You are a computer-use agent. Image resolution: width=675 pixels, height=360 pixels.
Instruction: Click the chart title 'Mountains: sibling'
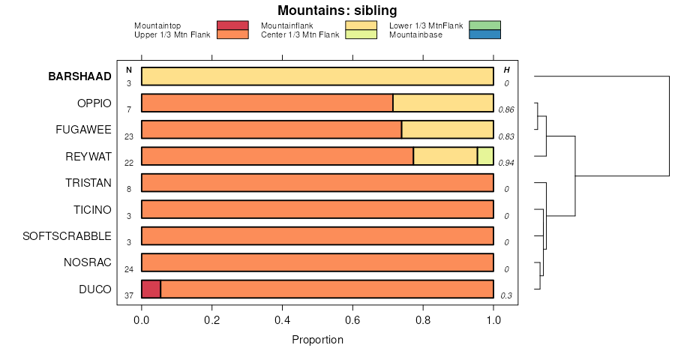337,10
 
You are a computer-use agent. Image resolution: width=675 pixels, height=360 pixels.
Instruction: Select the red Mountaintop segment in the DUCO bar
151,289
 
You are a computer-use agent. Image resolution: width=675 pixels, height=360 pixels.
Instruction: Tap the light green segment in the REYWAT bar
485,156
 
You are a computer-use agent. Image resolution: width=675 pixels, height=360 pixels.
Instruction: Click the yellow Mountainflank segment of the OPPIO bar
443,103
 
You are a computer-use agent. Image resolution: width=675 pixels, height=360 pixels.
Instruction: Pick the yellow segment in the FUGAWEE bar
448,130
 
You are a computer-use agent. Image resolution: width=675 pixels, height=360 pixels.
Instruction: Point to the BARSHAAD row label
79,76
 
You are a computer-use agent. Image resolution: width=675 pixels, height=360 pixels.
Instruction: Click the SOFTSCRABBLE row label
67,236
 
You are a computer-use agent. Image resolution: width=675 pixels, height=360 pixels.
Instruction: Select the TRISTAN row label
88,183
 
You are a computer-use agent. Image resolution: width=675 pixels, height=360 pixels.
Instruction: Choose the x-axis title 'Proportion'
317,340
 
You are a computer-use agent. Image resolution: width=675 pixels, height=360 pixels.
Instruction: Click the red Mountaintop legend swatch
232,25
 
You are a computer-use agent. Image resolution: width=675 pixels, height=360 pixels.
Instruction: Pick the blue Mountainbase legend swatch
484,34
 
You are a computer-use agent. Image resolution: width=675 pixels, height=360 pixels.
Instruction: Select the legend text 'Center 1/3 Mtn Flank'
299,34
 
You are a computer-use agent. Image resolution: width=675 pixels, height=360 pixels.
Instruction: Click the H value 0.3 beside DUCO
506,295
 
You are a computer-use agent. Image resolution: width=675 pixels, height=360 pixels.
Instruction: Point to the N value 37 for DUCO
129,295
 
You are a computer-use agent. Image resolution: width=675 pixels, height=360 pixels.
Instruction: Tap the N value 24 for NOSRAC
129,269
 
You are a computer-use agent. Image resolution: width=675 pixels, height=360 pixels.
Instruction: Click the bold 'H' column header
506,70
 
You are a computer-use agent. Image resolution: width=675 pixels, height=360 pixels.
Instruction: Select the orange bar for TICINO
317,209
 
